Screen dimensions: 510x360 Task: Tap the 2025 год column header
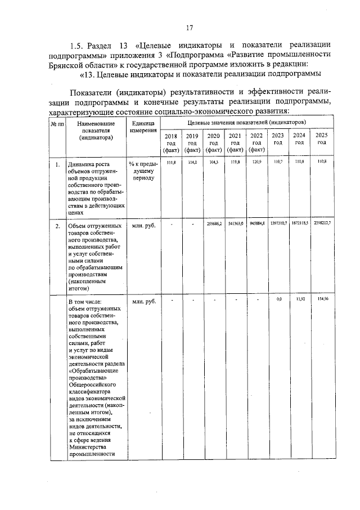(x=321, y=138)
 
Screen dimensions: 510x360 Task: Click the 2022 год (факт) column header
(x=256, y=143)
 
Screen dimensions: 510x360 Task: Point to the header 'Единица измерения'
(x=143, y=127)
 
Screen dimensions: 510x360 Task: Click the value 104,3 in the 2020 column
(x=213, y=162)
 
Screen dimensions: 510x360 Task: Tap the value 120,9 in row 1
(x=256, y=162)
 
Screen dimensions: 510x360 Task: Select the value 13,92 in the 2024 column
(x=299, y=299)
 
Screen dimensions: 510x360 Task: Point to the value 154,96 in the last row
(x=322, y=299)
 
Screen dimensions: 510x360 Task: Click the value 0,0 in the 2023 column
(x=278, y=299)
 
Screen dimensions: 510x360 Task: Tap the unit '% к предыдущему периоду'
(x=143, y=171)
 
